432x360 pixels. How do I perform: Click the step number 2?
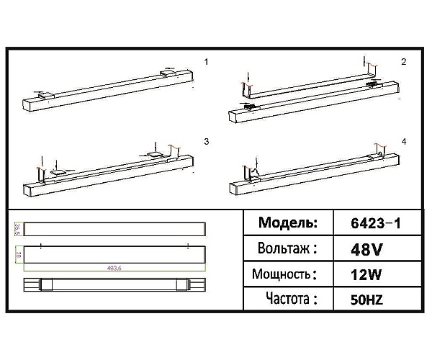click(x=404, y=62)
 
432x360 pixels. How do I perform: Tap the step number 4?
click(x=404, y=142)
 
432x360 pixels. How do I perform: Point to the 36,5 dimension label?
click(x=18, y=230)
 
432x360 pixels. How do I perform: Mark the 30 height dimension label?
click(x=18, y=255)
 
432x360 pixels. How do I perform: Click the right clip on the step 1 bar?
click(x=169, y=73)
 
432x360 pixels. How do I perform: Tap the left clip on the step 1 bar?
click(x=44, y=94)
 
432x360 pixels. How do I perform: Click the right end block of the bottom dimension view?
click(x=194, y=285)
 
